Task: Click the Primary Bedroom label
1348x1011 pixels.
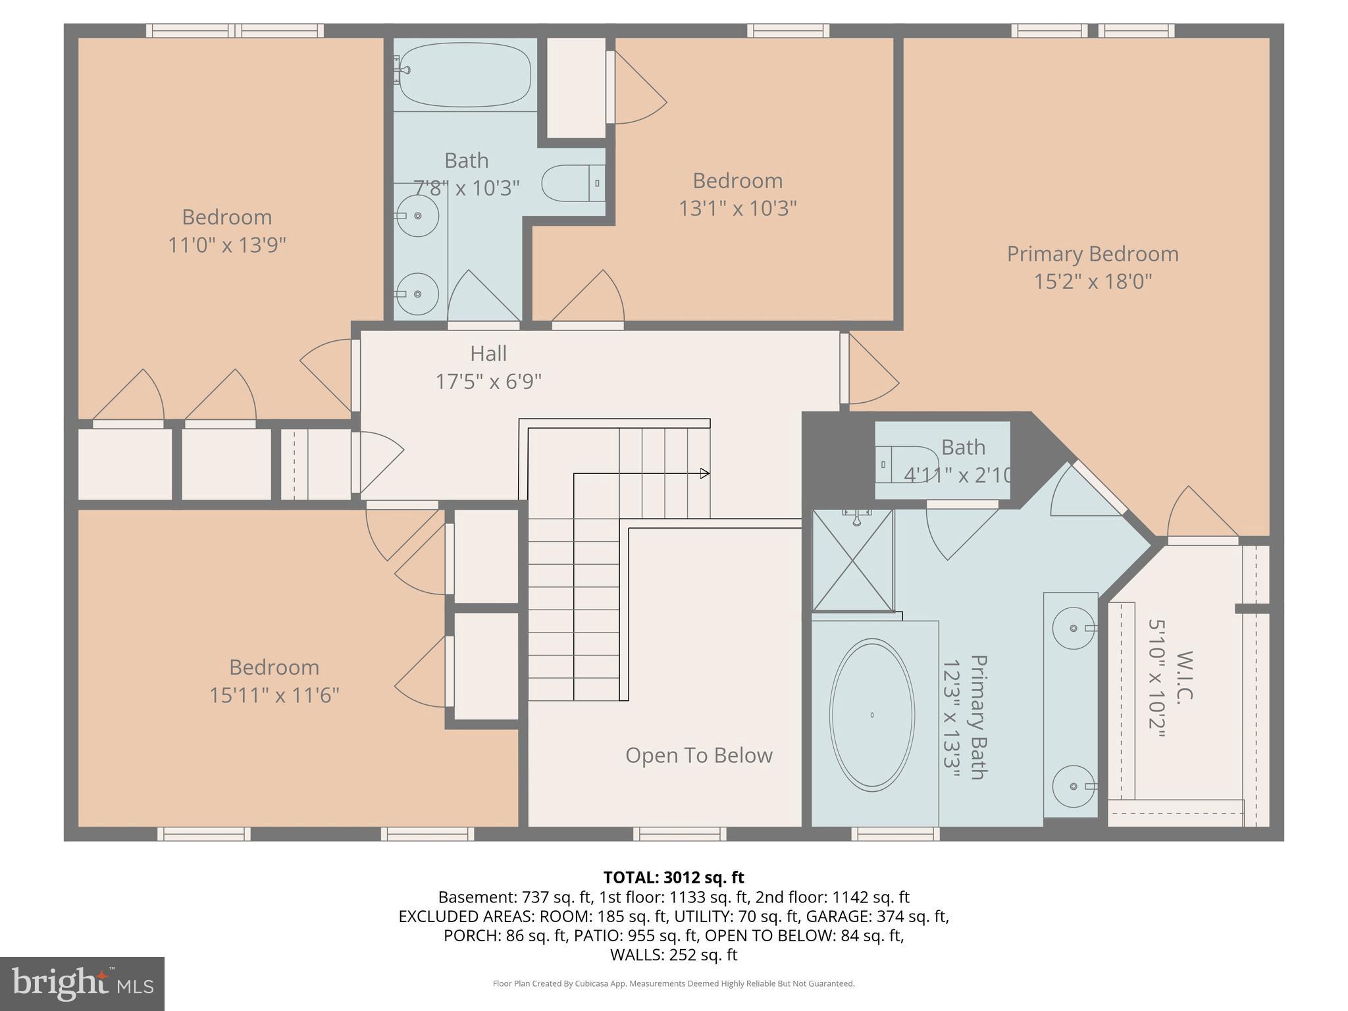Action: (x=1092, y=254)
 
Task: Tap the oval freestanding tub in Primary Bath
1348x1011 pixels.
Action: (x=871, y=715)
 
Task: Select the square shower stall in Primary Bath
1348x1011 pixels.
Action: (x=853, y=560)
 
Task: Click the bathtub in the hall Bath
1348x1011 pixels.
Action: (x=465, y=74)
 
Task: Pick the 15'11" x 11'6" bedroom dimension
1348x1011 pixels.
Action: (x=274, y=695)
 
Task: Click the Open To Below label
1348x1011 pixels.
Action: (x=698, y=755)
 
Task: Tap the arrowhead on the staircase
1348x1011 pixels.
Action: (x=705, y=473)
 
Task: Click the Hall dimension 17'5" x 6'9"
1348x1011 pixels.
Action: (x=488, y=381)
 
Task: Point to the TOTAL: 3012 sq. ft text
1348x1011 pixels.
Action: (x=673, y=877)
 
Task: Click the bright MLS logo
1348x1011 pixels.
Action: (x=82, y=983)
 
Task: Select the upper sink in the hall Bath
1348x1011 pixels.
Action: (x=418, y=215)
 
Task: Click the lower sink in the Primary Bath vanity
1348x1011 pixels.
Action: (x=1073, y=786)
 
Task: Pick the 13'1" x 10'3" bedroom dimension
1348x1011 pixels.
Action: (x=737, y=209)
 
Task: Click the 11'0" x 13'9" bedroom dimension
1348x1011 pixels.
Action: (x=226, y=246)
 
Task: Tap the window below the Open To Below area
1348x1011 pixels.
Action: (x=679, y=834)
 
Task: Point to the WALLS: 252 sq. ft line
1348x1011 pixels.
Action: (x=673, y=954)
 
